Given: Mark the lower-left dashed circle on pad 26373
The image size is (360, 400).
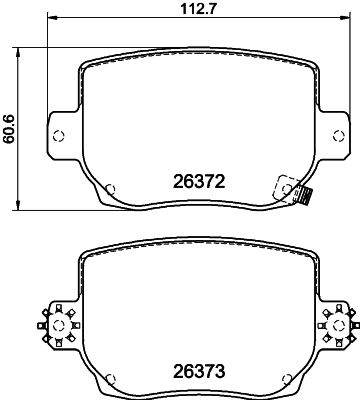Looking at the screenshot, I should click(x=111, y=378).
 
